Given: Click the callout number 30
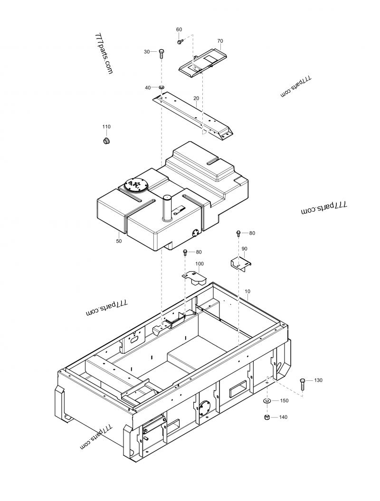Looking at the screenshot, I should [147, 51].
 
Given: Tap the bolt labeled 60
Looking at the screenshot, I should [180, 42].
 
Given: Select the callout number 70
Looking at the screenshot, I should [220, 41].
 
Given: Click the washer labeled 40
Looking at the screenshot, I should [162, 87].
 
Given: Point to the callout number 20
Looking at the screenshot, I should [196, 98].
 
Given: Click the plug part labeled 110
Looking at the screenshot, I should [107, 141].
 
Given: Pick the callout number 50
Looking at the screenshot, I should [119, 241].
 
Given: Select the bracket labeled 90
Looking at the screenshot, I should [241, 263].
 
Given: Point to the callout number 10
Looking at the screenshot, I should [247, 291].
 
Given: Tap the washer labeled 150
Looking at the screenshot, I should [267, 401].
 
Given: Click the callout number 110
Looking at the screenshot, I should [106, 127].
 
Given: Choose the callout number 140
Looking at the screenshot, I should [283, 417].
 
